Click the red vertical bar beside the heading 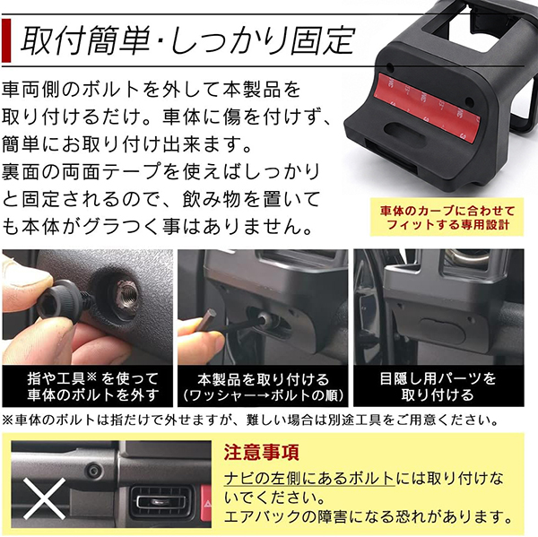(6, 40)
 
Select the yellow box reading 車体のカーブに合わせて (447, 217)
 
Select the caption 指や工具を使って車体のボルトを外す (93, 386)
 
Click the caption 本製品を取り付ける (264, 379)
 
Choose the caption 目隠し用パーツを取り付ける (438, 386)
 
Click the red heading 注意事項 (262, 453)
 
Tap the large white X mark (44, 499)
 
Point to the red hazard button (205, 502)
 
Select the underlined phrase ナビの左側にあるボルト (309, 479)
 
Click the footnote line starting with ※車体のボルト (250, 420)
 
